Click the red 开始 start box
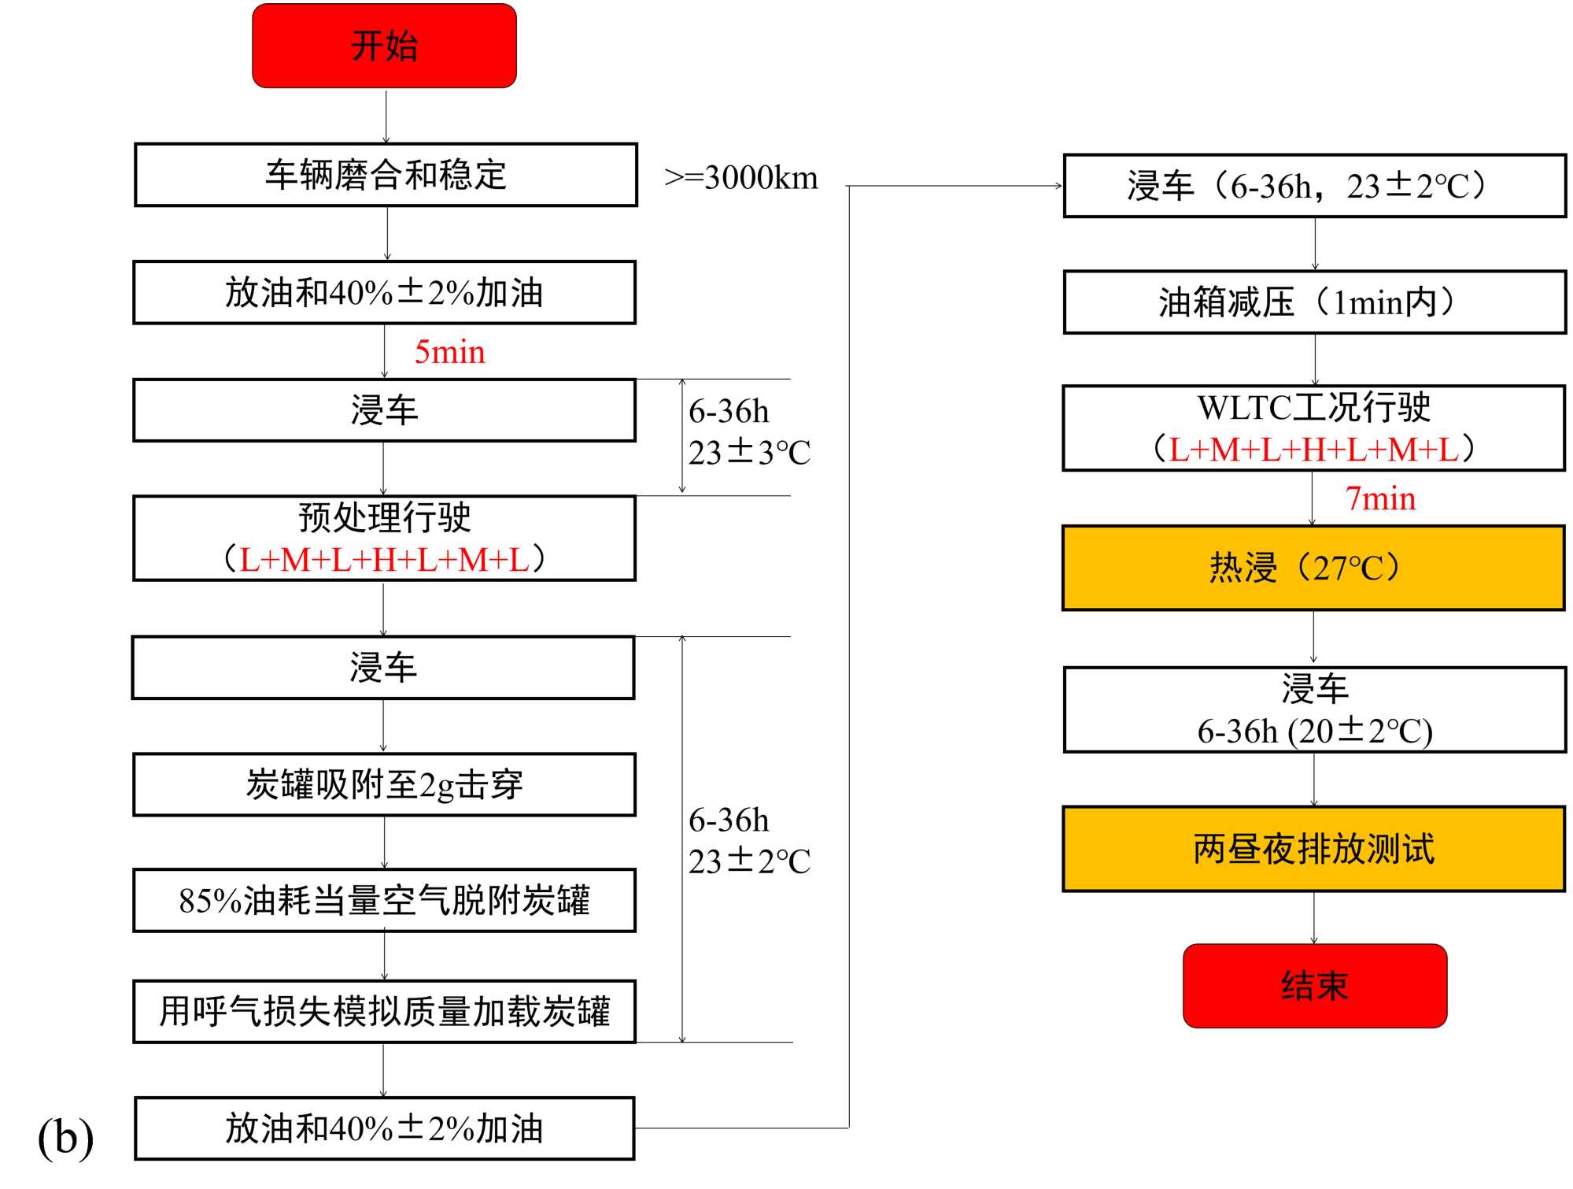[x=384, y=46]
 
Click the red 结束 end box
[x=1314, y=985]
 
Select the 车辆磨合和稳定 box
[x=386, y=175]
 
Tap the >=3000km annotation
[x=740, y=178]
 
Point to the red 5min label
[x=449, y=352]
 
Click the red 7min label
[x=1380, y=498]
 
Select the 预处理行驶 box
[x=384, y=538]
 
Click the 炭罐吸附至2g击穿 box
[x=384, y=784]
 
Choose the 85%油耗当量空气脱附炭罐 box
[x=384, y=900]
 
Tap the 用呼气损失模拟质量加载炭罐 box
[x=384, y=1011]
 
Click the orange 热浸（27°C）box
[x=1313, y=568]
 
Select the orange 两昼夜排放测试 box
[x=1313, y=849]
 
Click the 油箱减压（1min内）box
[x=1314, y=302]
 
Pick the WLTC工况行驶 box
[x=1313, y=428]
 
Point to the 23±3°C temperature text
[x=749, y=453]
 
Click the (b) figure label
[x=65, y=1137]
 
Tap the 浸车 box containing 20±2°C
[x=1314, y=709]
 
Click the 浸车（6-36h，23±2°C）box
[x=1314, y=186]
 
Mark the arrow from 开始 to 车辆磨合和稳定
[x=386, y=116]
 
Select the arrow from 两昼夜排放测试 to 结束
[x=1313, y=917]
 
